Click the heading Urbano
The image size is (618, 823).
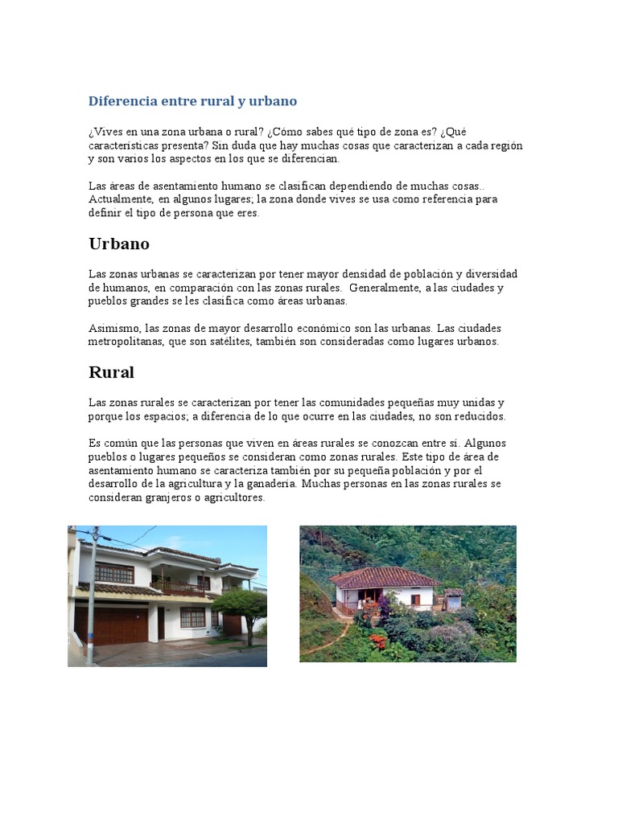click(x=118, y=244)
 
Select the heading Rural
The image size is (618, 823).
click(x=111, y=372)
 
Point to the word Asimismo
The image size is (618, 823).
click(x=113, y=328)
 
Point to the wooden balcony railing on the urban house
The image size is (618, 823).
click(x=179, y=588)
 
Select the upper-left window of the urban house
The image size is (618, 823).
click(x=114, y=573)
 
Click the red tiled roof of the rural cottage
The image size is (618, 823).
click(x=384, y=576)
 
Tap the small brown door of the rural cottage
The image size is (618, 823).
click(x=415, y=600)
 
